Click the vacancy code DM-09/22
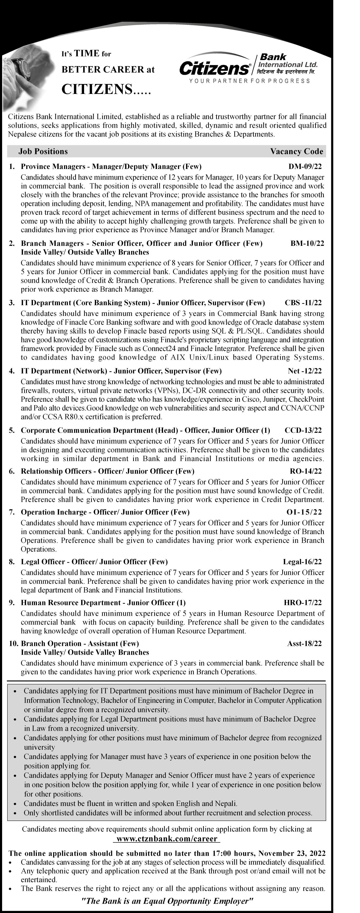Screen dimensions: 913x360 tap(305, 167)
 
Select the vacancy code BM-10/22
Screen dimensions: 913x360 tap(307, 243)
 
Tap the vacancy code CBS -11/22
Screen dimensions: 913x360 tap(303, 303)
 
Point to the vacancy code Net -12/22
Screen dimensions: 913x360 tap(305, 371)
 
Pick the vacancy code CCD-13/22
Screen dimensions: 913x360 tap(303, 430)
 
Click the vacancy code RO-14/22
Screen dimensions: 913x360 tap(306, 471)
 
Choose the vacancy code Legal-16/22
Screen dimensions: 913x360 tap(302, 562)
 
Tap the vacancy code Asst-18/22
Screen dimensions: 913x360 tap(304, 643)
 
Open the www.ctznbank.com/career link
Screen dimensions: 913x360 tap(167, 839)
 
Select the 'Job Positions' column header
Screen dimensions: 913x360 tap(43, 151)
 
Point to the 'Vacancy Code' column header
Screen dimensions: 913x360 tap(297, 151)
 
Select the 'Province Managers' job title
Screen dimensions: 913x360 tap(53, 167)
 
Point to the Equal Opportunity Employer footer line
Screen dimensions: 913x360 tap(167, 901)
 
